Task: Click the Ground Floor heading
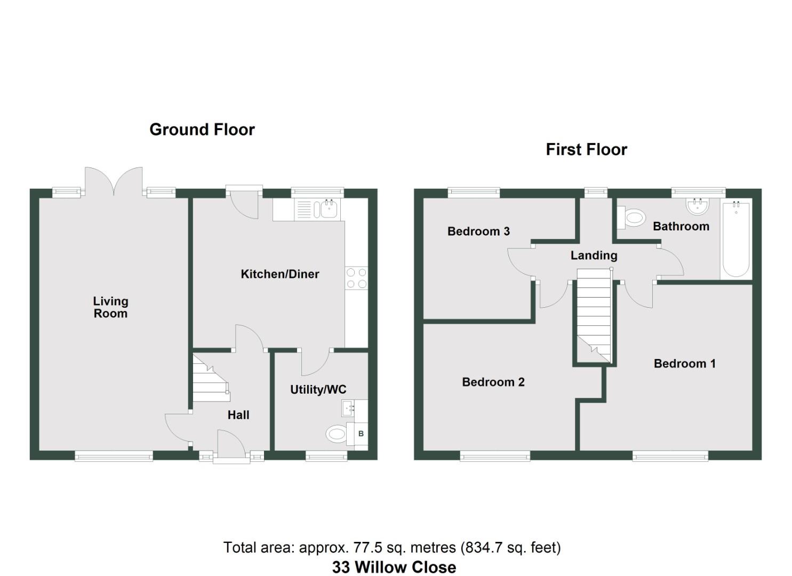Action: [x=202, y=130]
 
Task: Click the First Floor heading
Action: [x=586, y=149]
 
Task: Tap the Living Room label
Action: [x=110, y=307]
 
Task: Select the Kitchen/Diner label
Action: [x=280, y=274]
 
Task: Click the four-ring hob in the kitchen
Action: [x=356, y=278]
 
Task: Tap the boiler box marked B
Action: [x=361, y=434]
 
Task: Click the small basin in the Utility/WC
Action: [x=348, y=409]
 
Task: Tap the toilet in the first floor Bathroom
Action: [x=632, y=218]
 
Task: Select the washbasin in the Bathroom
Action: [x=698, y=206]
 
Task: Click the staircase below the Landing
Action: [x=594, y=315]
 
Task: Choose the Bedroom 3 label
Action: [x=478, y=231]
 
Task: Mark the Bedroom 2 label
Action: [x=493, y=382]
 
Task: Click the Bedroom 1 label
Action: [x=684, y=364]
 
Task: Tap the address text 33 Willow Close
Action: [x=394, y=567]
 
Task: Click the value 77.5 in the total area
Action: [x=365, y=548]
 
